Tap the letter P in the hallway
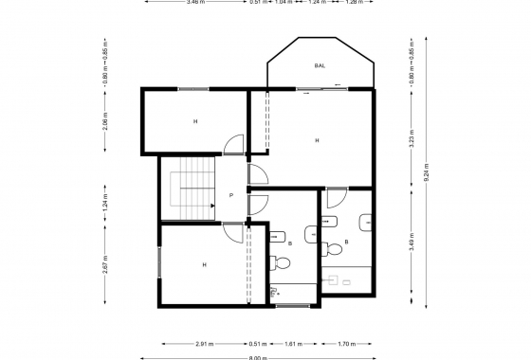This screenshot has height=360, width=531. pos(231,196)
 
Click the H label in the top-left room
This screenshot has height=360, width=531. pos(195,121)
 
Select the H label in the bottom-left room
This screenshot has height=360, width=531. pos(204,264)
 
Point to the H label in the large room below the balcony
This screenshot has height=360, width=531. pos(316,140)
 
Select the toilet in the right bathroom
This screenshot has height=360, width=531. pos(333,249)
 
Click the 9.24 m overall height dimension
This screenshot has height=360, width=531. pos(426,174)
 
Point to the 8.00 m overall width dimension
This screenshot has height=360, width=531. pos(257,358)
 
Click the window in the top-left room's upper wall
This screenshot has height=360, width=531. pos(193,89)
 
